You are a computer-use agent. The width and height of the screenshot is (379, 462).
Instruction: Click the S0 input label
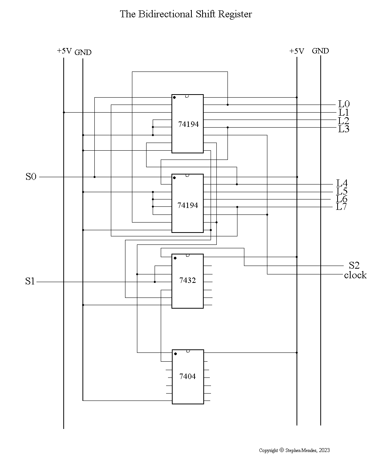point(31,177)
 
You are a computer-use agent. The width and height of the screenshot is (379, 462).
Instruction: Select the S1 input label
point(30,282)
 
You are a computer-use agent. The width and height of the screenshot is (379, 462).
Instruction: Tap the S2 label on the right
point(354,265)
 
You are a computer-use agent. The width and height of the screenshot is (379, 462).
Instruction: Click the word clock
point(355,275)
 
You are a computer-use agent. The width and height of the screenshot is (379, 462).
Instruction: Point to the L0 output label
point(344,104)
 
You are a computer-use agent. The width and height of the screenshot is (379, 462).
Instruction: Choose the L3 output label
point(344,129)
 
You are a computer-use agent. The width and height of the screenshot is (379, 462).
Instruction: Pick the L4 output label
point(342,183)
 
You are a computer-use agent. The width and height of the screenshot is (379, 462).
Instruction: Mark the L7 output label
point(341,207)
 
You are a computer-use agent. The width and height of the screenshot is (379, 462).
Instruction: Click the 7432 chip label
point(188,280)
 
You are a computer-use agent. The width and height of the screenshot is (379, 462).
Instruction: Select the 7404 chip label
point(188,376)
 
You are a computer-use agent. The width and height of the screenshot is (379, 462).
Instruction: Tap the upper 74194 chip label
point(188,124)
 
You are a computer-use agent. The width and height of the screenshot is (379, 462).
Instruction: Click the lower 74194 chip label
point(188,205)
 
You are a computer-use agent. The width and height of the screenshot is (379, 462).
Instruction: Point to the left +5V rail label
point(64,51)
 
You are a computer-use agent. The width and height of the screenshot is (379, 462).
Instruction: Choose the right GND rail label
point(320,51)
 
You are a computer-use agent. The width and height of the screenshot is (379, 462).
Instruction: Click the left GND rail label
point(83,52)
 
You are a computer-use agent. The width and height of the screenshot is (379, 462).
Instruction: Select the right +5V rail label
point(297,51)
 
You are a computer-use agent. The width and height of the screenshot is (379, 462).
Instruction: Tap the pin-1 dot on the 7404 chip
point(175,354)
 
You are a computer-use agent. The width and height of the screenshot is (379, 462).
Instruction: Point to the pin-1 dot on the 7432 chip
point(175,258)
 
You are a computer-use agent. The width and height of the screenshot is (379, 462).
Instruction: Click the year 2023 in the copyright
point(324,450)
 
